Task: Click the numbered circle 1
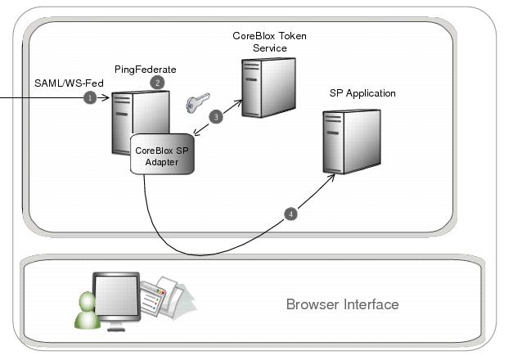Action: pyautogui.click(x=90, y=97)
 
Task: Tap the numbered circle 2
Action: pyautogui.click(x=158, y=82)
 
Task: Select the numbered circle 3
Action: pyautogui.click(x=216, y=117)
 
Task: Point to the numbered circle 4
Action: pyautogui.click(x=290, y=214)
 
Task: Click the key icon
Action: pyautogui.click(x=196, y=103)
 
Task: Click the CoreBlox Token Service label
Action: pyautogui.click(x=269, y=43)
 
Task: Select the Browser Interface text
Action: pyautogui.click(x=342, y=304)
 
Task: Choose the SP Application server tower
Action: pyautogui.click(x=349, y=141)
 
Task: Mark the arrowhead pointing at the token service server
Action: pyautogui.click(x=241, y=102)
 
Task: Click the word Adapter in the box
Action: pyautogui.click(x=162, y=162)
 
